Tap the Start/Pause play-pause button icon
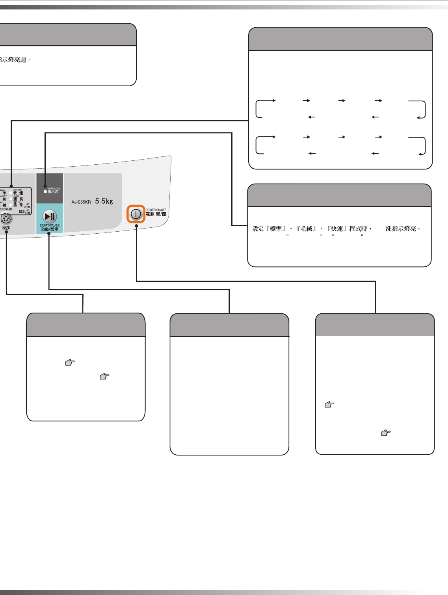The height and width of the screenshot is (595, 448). [x=50, y=216]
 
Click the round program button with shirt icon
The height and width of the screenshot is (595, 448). [x=6, y=218]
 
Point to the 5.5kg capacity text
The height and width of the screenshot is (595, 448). [x=104, y=201]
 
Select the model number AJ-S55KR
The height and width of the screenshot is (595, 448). [x=81, y=202]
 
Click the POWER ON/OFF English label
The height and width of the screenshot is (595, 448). [x=156, y=210]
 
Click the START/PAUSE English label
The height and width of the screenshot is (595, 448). [x=50, y=225]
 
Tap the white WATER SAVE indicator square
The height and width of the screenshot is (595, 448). [x=45, y=192]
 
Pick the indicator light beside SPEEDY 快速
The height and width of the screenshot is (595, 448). [x=11, y=193]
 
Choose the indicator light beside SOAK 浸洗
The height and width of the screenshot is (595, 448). [x=11, y=199]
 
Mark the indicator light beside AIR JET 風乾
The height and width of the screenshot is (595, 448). [x=11, y=205]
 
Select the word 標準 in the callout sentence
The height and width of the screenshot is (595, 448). [x=276, y=229]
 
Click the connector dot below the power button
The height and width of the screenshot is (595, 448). [x=136, y=226]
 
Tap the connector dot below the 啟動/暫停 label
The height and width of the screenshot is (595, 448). [x=49, y=234]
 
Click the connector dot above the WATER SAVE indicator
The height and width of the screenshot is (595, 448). [x=45, y=186]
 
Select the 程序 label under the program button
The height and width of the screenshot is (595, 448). [x=6, y=228]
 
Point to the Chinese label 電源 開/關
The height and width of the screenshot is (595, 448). [x=156, y=214]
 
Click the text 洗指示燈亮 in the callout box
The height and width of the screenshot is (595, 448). [x=401, y=229]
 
